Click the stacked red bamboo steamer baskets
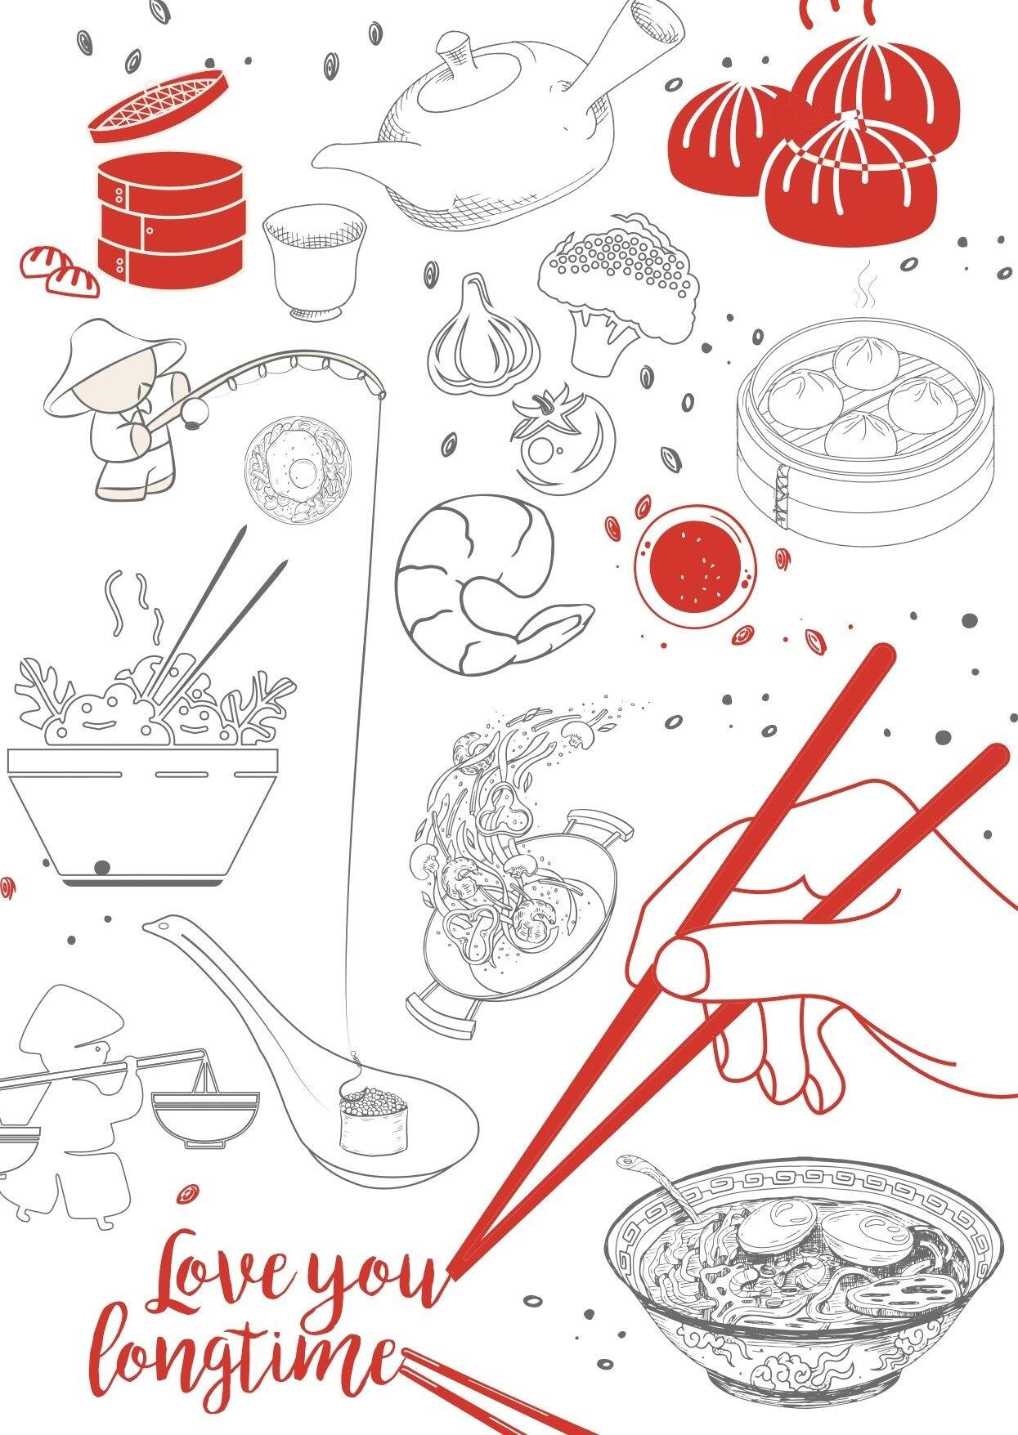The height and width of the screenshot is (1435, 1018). [170, 218]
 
